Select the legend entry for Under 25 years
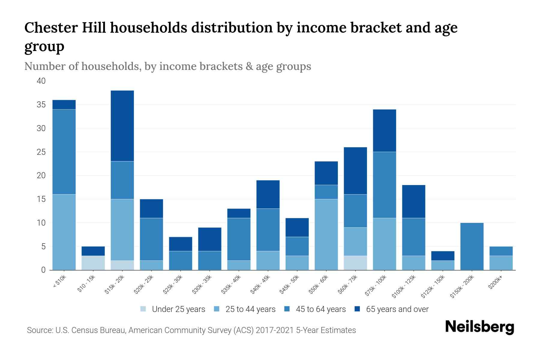pos(178,309)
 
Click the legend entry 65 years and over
pos(397,309)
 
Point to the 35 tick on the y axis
pos(41,105)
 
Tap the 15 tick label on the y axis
pos(41,199)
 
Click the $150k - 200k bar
pos(472,246)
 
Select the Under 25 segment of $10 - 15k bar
pos(93,263)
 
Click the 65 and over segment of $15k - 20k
pos(122,126)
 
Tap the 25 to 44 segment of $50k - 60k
pos(326,234)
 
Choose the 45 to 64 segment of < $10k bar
pos(64,152)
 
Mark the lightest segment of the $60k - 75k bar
pos(355,263)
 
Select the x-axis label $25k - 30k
pos(172,285)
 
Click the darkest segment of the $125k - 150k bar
pos(442,256)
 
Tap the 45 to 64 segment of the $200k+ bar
pos(501,251)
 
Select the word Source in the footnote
pos(38,330)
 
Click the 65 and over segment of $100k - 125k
pos(413,201)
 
